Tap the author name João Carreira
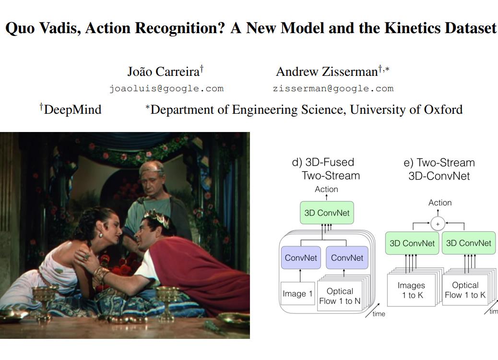pyautogui.click(x=165, y=72)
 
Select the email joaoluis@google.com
pyautogui.click(x=166, y=88)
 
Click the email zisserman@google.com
pyautogui.click(x=333, y=88)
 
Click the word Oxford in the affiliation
pyautogui.click(x=443, y=109)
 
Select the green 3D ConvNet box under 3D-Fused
pyautogui.click(x=327, y=213)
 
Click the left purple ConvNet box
pyautogui.click(x=301, y=258)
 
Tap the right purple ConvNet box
pyautogui.click(x=347, y=258)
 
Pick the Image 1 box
pyautogui.click(x=297, y=294)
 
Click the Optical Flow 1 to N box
pyautogui.click(x=340, y=296)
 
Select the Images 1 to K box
pyautogui.click(x=411, y=290)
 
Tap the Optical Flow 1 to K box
pyautogui.click(x=465, y=290)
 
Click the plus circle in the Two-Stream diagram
pyautogui.click(x=438, y=224)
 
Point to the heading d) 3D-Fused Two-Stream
pyautogui.click(x=326, y=169)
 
